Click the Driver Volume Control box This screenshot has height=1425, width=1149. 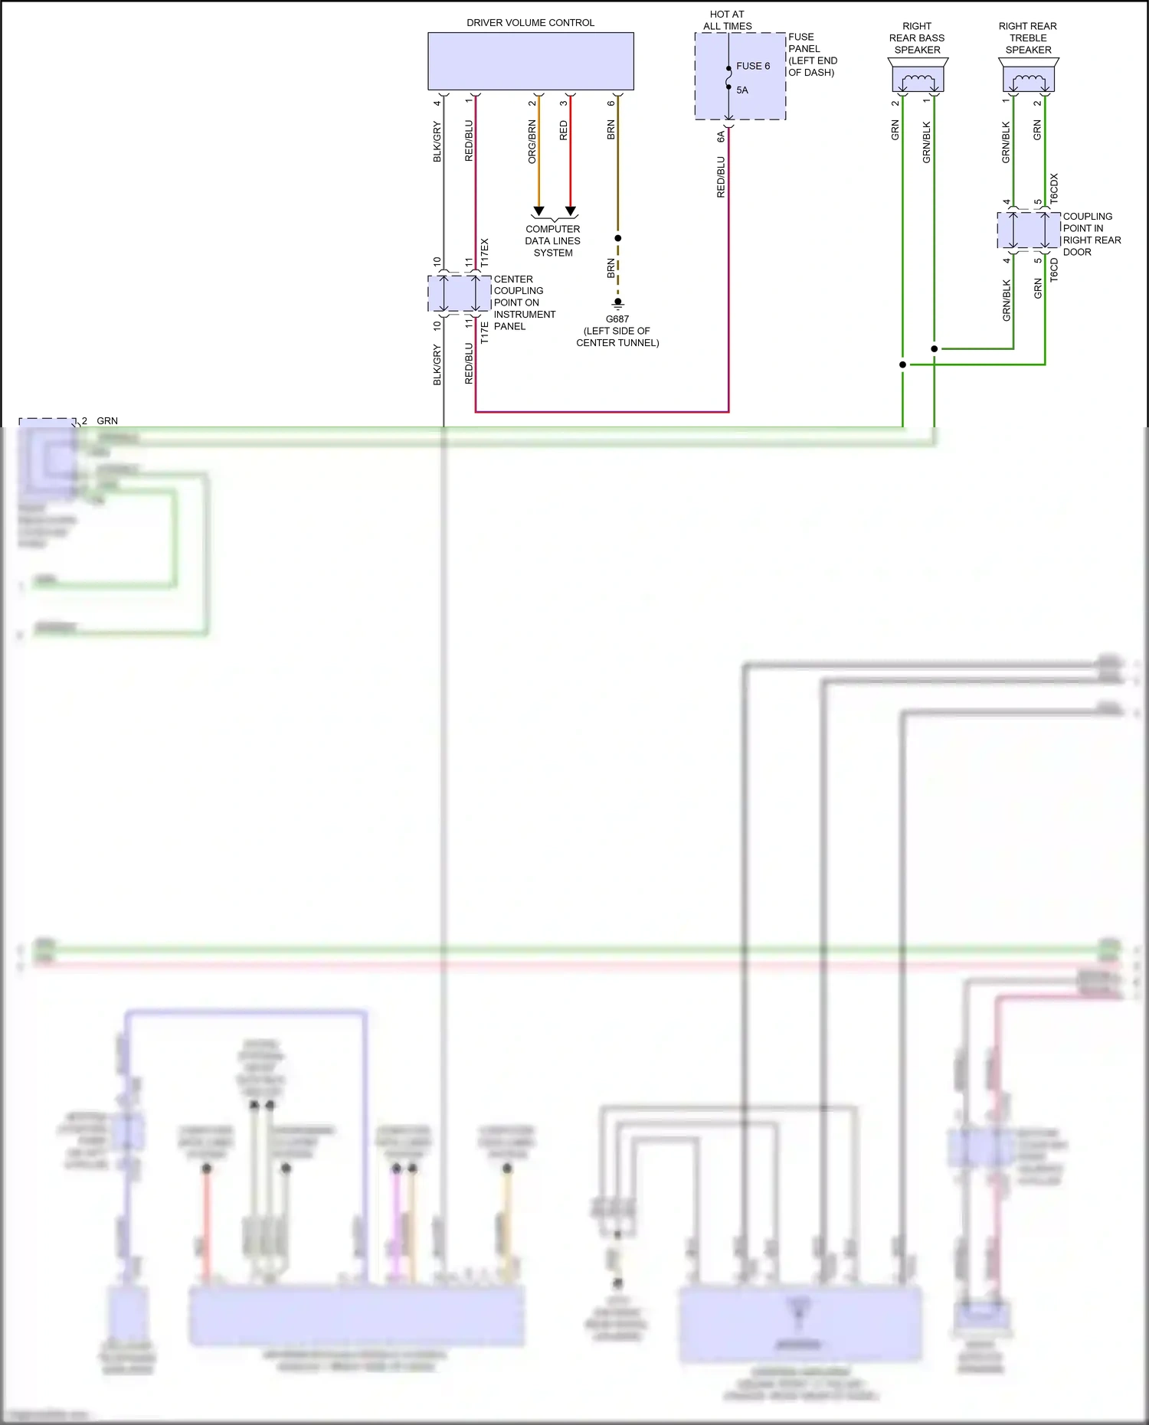click(530, 61)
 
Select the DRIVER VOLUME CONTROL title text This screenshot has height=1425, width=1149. click(530, 23)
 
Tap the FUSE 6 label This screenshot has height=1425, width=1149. click(753, 66)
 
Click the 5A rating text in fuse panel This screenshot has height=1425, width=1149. click(742, 90)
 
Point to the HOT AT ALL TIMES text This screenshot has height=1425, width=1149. click(727, 20)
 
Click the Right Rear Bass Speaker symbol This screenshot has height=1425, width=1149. click(918, 77)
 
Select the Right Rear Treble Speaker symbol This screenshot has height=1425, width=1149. click(1029, 77)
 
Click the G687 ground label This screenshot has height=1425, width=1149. click(617, 319)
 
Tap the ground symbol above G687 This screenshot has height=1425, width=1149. click(618, 303)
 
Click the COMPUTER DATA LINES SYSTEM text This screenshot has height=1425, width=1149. click(553, 240)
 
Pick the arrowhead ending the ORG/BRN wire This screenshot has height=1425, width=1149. click(538, 211)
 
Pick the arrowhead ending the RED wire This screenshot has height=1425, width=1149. click(571, 211)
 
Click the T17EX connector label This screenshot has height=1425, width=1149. click(484, 253)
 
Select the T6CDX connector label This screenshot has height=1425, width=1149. click(1054, 188)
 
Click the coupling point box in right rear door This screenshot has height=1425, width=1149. click(1029, 230)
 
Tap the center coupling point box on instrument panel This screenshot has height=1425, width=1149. click(459, 293)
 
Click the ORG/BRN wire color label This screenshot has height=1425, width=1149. click(532, 142)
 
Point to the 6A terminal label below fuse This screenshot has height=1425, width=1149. click(721, 136)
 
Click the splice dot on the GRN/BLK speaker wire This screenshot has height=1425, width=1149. click(934, 349)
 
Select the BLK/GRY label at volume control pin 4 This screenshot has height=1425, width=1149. click(437, 142)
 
